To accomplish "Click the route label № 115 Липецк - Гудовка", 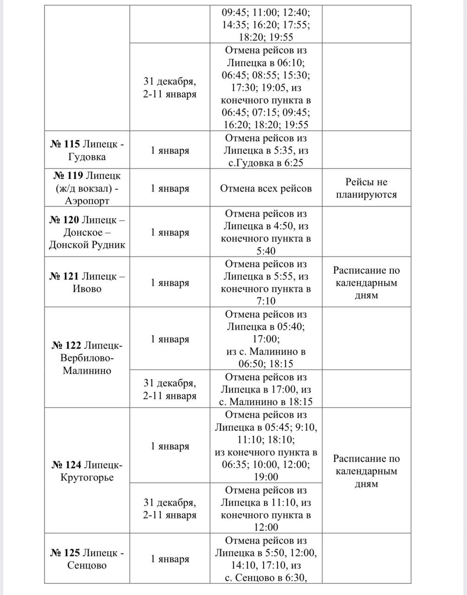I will [87, 150].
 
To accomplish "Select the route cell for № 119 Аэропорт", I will [87, 188].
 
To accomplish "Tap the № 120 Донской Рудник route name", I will [87, 232].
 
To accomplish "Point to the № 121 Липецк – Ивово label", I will [87, 282].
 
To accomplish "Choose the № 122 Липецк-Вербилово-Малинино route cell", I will [87, 357].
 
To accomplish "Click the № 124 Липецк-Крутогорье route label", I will [87, 471].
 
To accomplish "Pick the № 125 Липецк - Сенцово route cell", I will [87, 559].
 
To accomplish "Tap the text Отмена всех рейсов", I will [266, 188].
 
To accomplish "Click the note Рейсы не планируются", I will [366, 188].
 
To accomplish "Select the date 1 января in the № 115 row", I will [170, 151].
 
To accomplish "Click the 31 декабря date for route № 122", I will [170, 390].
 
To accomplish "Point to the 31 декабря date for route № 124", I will [170, 509].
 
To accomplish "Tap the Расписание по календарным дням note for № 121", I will [366, 283].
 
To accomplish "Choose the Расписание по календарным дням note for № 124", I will [366, 471].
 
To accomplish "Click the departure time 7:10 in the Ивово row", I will [266, 301].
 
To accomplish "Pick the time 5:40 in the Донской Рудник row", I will [266, 251].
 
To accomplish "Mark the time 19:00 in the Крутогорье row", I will [266, 477].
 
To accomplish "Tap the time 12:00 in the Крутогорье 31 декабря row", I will [266, 527].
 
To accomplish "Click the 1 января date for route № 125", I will [170, 559].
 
